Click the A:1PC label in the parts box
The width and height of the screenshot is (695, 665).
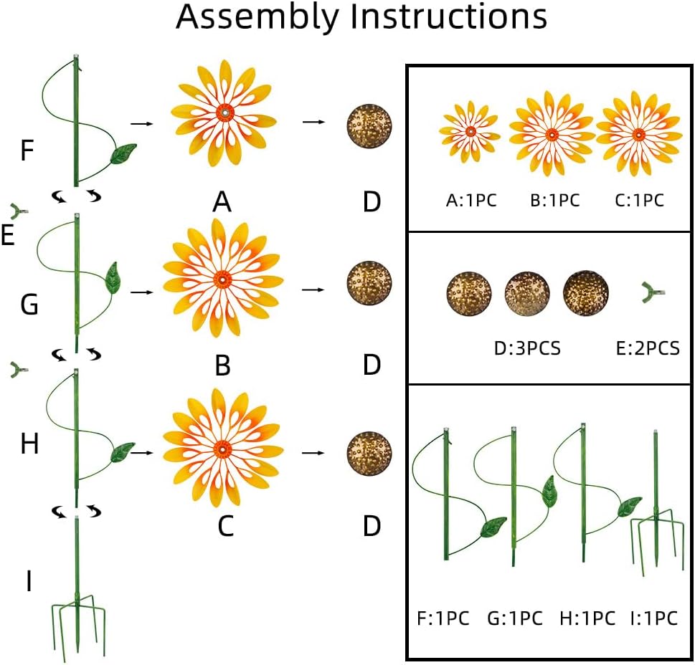click(x=471, y=201)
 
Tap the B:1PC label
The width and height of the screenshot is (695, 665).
click(x=554, y=201)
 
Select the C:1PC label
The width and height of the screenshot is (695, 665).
click(x=640, y=201)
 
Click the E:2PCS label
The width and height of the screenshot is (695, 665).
click(x=647, y=349)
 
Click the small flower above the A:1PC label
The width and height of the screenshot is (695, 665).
click(x=470, y=131)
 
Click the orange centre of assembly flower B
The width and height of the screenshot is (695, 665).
click(x=222, y=277)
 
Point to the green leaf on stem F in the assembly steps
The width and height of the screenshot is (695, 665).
click(x=123, y=153)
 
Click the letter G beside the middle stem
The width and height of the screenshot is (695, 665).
click(x=29, y=305)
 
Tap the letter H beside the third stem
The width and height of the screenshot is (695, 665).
click(x=29, y=445)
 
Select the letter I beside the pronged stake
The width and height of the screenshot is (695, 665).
click(x=28, y=582)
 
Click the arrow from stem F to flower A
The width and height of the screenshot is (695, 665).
click(x=143, y=123)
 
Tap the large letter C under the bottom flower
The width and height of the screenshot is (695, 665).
click(x=224, y=527)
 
